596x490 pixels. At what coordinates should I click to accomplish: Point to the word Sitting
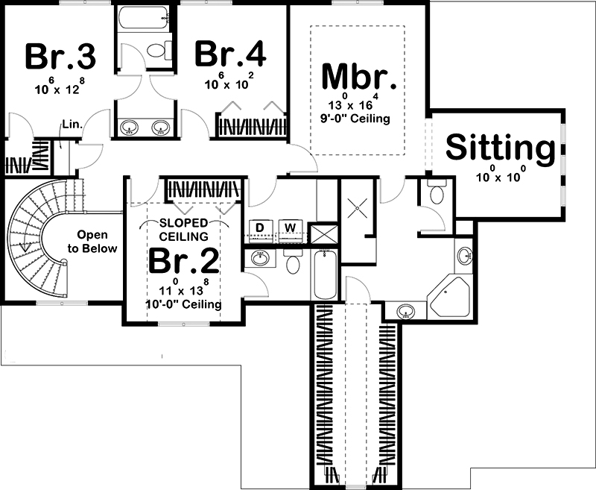(501, 148)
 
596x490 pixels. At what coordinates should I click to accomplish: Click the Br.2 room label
(183, 261)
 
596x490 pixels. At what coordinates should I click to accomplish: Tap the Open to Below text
(97, 241)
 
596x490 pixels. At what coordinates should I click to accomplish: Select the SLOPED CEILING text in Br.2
(183, 230)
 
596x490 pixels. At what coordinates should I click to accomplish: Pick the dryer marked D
(260, 227)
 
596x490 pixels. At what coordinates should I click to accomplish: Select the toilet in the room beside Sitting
(437, 195)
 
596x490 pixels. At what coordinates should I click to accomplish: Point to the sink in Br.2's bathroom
(260, 259)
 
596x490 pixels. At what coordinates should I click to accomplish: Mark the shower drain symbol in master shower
(355, 206)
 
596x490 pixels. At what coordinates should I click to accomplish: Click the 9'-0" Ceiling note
(357, 119)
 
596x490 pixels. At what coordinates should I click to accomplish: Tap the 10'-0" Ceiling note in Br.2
(183, 304)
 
